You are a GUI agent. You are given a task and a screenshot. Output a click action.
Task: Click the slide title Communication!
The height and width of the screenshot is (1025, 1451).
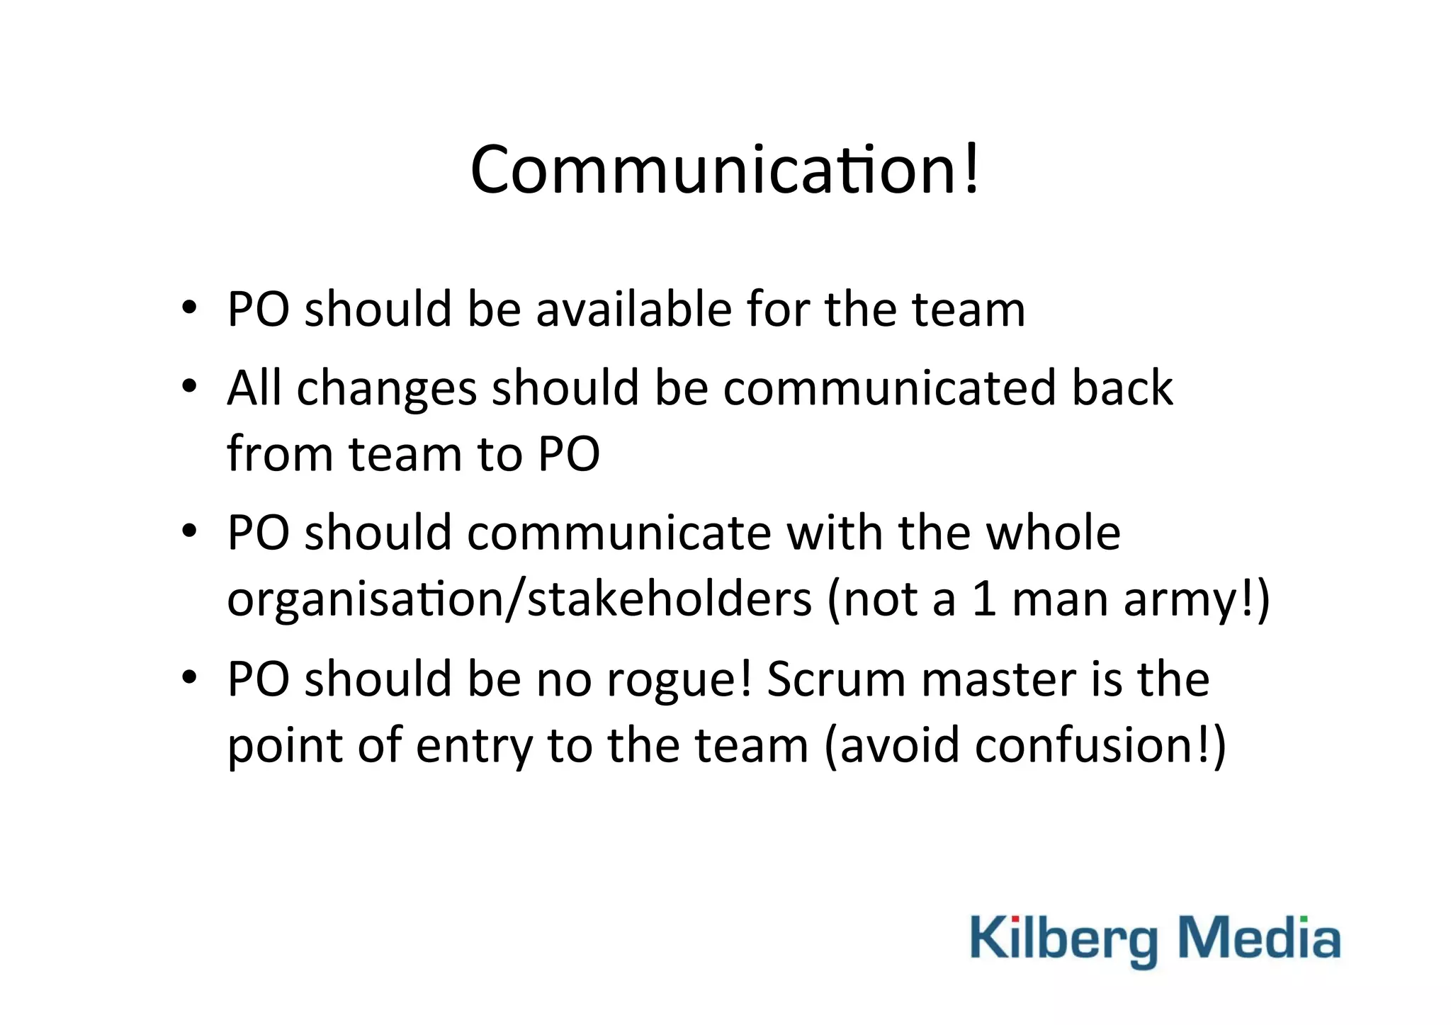(x=724, y=170)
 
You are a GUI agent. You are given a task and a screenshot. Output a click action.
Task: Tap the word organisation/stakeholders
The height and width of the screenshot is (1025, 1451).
(x=519, y=599)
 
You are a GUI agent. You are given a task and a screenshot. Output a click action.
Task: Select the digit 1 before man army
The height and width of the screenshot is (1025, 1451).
(x=983, y=599)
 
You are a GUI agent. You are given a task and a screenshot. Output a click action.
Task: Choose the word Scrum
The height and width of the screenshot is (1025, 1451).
(x=836, y=679)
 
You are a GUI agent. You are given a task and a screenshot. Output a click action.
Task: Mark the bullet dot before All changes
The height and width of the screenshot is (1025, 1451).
(x=188, y=387)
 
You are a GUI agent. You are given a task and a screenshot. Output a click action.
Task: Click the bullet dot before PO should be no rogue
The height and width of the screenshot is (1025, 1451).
(x=188, y=677)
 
